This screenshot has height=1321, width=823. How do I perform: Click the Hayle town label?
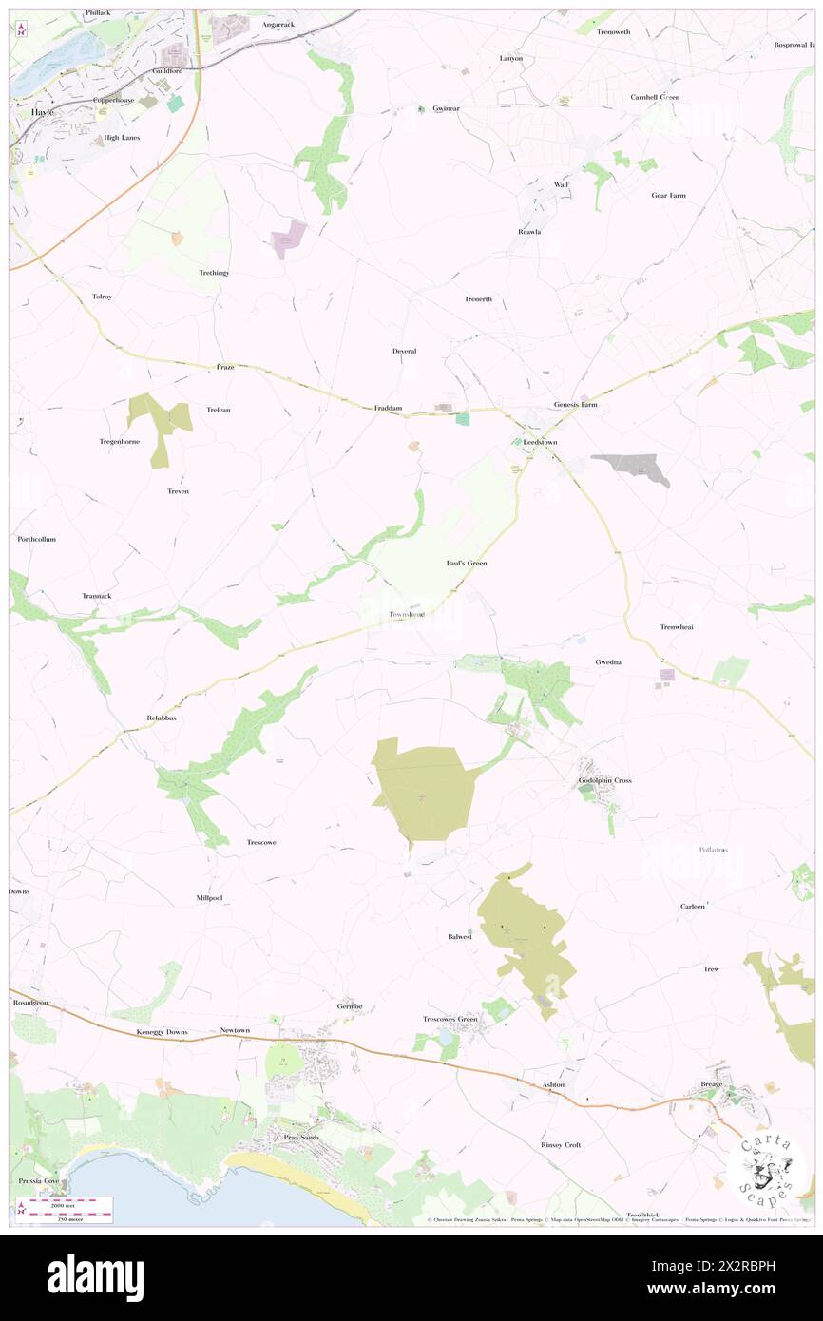pos(43,111)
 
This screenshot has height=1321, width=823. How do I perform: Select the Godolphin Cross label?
pos(604,780)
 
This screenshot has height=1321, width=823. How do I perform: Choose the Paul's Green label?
pos(467,564)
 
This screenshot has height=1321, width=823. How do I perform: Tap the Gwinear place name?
pos(446,108)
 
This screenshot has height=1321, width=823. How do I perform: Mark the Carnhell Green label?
pos(655,97)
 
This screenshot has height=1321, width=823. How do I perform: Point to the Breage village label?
pos(712,1083)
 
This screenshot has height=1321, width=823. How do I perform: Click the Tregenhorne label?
pos(120,441)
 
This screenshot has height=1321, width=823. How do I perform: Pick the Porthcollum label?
pos(37,539)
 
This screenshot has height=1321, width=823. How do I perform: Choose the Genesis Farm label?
pos(577,405)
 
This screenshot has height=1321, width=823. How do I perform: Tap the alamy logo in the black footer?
pos(95,1276)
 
